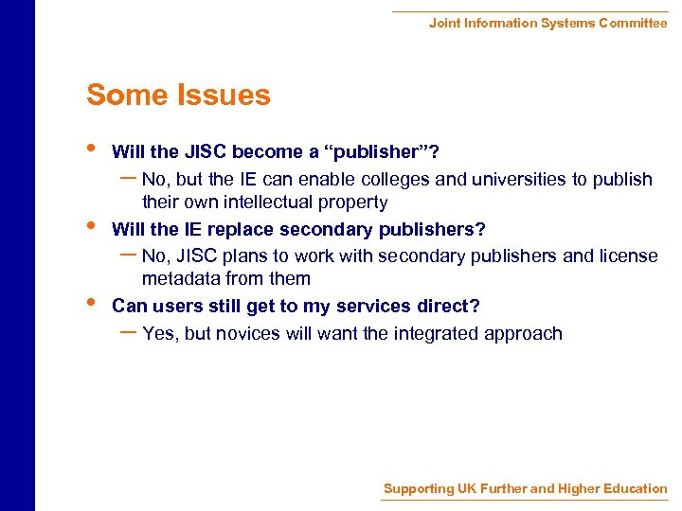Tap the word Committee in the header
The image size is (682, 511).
pos(633,23)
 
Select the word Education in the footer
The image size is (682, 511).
pos(630,488)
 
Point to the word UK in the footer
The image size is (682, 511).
pos(467,488)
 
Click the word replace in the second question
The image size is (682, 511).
pos(244,229)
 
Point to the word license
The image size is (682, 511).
pos(625,255)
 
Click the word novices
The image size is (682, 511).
pos(248,333)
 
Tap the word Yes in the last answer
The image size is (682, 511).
pos(159,333)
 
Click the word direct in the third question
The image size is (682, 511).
pos(450,306)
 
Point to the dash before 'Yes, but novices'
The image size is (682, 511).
pos(128,330)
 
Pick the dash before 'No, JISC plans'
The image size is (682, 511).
pos(128,253)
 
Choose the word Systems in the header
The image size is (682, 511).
pos(566,23)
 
